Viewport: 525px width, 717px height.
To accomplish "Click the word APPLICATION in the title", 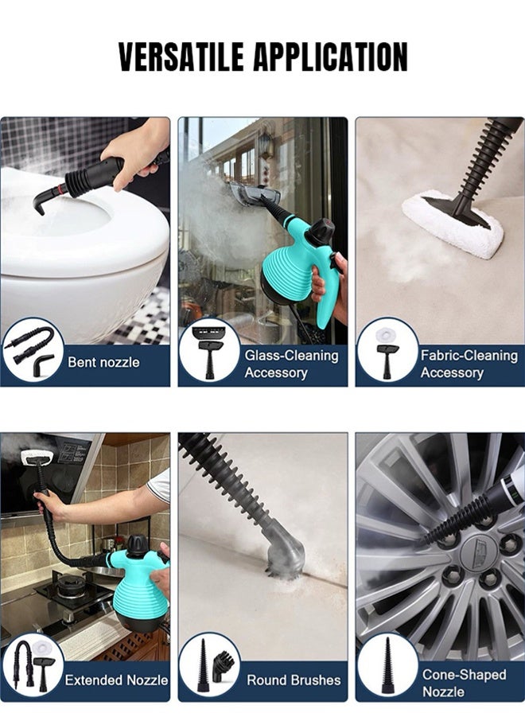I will point(334,57).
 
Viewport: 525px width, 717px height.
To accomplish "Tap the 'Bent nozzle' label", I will point(103,363).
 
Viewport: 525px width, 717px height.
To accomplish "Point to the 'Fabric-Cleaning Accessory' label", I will point(469,364).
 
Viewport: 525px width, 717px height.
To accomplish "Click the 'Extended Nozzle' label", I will point(116,680).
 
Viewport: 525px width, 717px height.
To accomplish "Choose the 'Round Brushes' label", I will point(294,680).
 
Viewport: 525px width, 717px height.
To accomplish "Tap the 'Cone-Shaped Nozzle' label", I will point(464,683).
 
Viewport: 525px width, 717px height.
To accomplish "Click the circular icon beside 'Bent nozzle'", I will point(32,350).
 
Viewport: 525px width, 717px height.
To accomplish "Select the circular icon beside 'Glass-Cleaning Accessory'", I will point(209,350).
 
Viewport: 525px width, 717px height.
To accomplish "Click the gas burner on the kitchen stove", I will point(70,589).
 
